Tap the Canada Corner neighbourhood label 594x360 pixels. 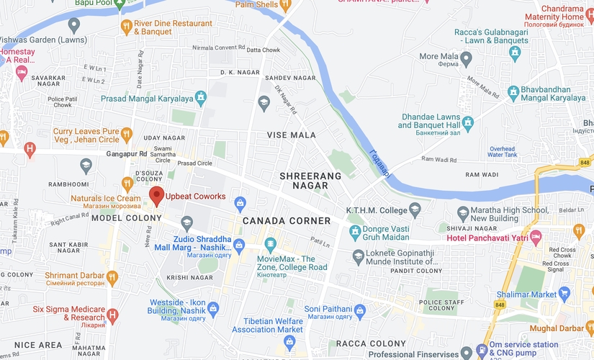tap(286, 220)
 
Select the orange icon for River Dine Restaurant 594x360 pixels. tap(127, 27)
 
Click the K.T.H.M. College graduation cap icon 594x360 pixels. tap(415, 210)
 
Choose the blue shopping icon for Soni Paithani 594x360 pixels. tap(360, 310)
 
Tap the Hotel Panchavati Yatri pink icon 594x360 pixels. tap(535, 238)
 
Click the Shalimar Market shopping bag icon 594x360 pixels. tap(564, 293)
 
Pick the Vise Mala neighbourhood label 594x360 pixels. tap(292, 135)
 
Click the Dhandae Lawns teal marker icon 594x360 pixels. tap(467, 122)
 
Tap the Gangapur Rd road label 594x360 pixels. tap(126, 153)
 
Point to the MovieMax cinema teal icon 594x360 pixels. tap(271, 244)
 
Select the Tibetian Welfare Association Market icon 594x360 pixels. tap(289, 341)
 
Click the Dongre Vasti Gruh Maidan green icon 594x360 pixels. tap(355, 232)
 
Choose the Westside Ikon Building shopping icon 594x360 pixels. tap(212, 309)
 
